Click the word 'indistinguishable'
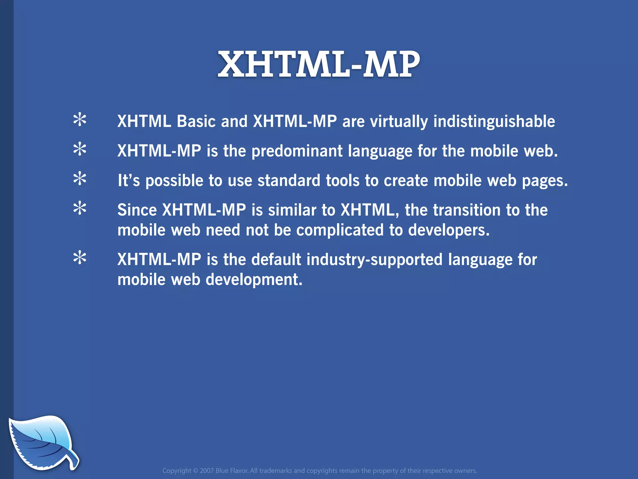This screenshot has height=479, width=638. [494, 122]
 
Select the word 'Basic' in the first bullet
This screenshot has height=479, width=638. [196, 122]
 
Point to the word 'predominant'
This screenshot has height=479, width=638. [297, 151]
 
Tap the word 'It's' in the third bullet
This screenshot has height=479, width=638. [129, 181]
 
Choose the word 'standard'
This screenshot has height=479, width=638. [289, 181]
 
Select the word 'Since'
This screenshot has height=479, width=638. [137, 210]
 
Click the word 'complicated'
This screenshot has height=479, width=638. [340, 230]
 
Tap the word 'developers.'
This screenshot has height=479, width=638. [449, 230]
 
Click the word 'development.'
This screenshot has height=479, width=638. [254, 280]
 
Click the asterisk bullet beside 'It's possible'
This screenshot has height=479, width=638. [80, 179]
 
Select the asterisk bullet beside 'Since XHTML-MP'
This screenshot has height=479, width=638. [80, 208]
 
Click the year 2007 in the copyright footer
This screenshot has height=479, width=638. [207, 471]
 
